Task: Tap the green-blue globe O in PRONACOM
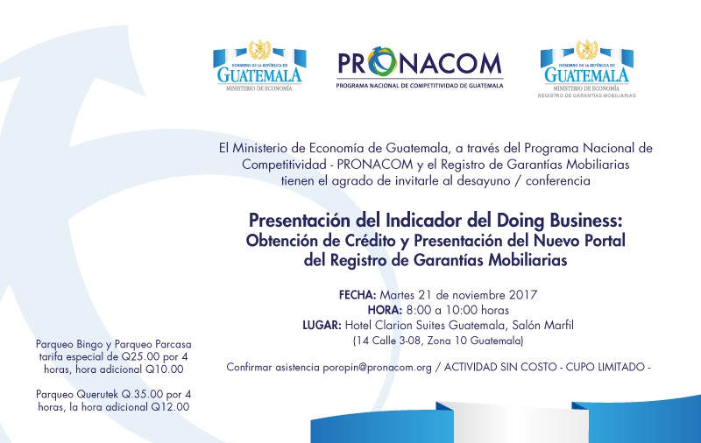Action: pos(382,61)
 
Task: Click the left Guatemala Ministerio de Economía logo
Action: pos(259,66)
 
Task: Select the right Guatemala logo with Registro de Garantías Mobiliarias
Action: pos(586,69)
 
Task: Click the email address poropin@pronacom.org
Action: pos(378,367)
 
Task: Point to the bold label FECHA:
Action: pos(358,295)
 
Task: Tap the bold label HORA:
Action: pos(385,310)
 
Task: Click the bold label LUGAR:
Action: pos(322,325)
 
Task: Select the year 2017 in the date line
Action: pos(523,295)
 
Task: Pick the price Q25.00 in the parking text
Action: pos(140,357)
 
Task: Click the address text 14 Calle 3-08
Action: pos(389,341)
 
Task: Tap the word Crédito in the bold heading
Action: pos(370,241)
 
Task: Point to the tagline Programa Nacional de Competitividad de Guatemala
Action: pos(420,85)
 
